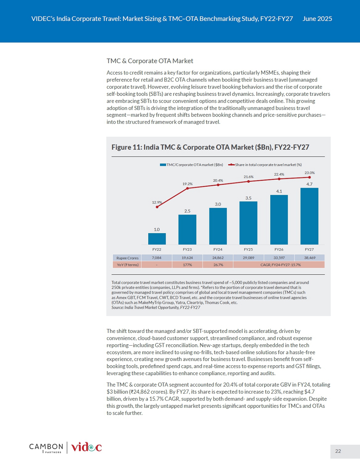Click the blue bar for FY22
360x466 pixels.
pos(157,239)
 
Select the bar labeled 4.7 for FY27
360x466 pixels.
pos(309,216)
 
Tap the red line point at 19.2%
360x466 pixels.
pos(187,188)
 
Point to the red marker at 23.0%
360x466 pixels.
pos(309,177)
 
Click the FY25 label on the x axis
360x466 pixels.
pos(248,250)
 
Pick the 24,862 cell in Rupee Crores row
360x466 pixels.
pos(218,258)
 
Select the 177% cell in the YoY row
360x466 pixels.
pos(187,265)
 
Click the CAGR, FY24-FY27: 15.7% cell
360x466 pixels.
pos(279,265)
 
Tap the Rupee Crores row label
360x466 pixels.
pos(127,258)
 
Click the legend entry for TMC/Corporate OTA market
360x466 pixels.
pos(191,165)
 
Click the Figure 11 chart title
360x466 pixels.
pos(210,147)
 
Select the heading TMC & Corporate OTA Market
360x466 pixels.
pos(150,61)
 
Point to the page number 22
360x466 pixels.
pos(338,451)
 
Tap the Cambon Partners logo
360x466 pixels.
pos(46,448)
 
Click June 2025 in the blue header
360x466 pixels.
pos(317,19)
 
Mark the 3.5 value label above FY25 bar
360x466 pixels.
pos(248,198)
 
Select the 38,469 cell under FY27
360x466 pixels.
pos(310,258)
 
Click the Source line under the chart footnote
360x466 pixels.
pos(156,307)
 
